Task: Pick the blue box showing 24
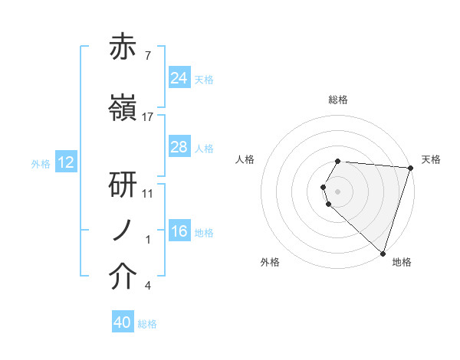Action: click(x=179, y=78)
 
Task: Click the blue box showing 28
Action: click(x=179, y=147)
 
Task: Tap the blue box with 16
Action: click(x=179, y=231)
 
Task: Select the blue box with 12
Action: click(x=66, y=162)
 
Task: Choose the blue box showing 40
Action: click(x=123, y=323)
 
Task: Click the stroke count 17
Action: click(x=148, y=117)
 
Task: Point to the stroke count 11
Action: click(x=148, y=193)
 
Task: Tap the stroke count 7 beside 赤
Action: click(x=148, y=57)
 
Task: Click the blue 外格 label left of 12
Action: click(x=41, y=163)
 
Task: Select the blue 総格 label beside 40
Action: click(x=147, y=324)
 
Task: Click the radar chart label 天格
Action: click(x=431, y=159)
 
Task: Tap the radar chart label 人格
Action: click(x=245, y=159)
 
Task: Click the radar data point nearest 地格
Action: click(x=383, y=253)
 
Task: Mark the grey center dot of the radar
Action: click(x=338, y=190)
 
